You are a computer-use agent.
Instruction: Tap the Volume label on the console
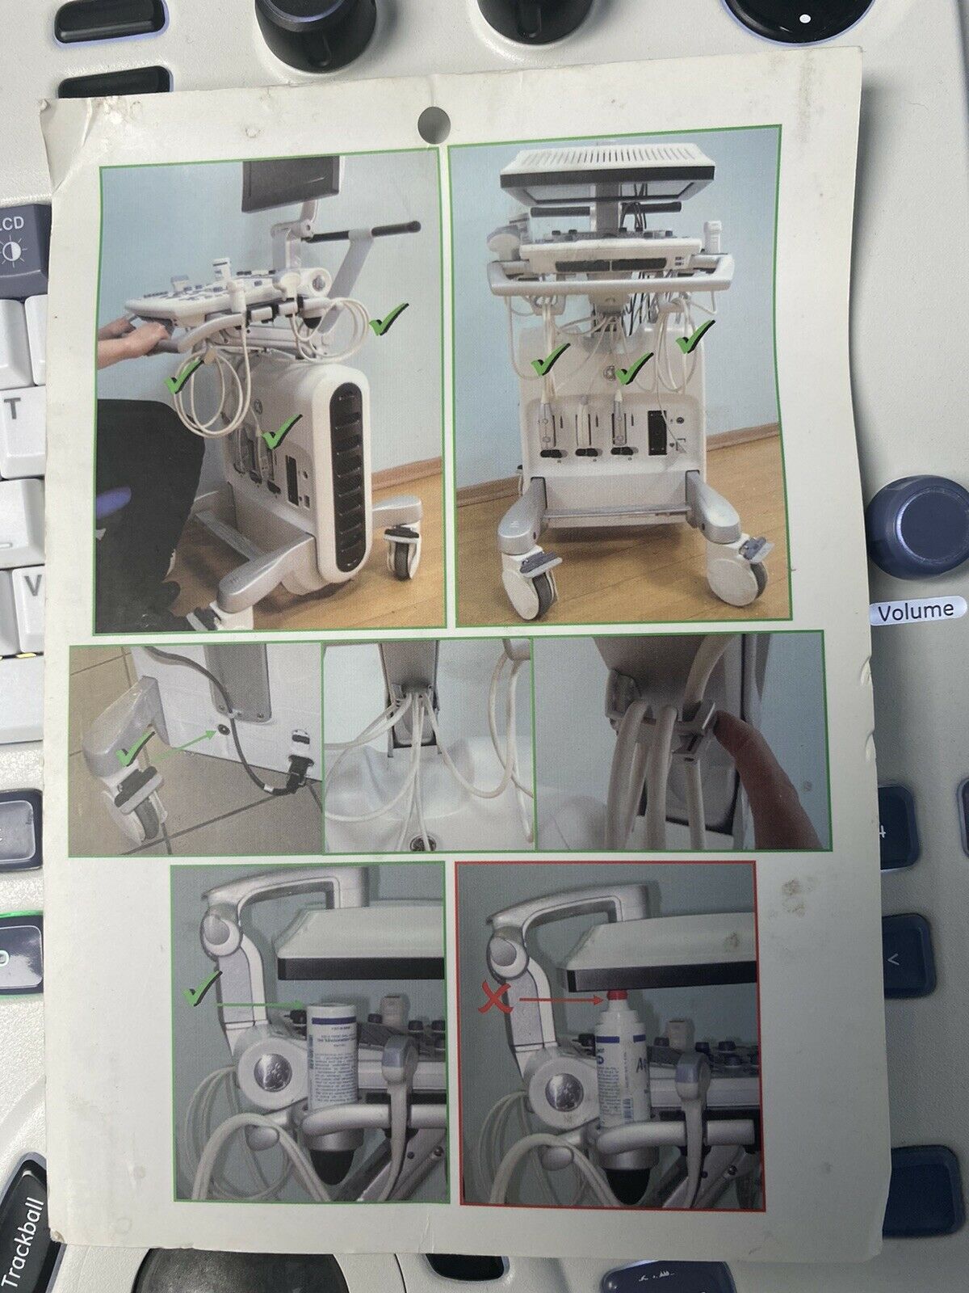pyautogui.click(x=916, y=610)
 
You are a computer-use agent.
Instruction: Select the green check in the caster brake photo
pyautogui.click(x=131, y=756)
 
